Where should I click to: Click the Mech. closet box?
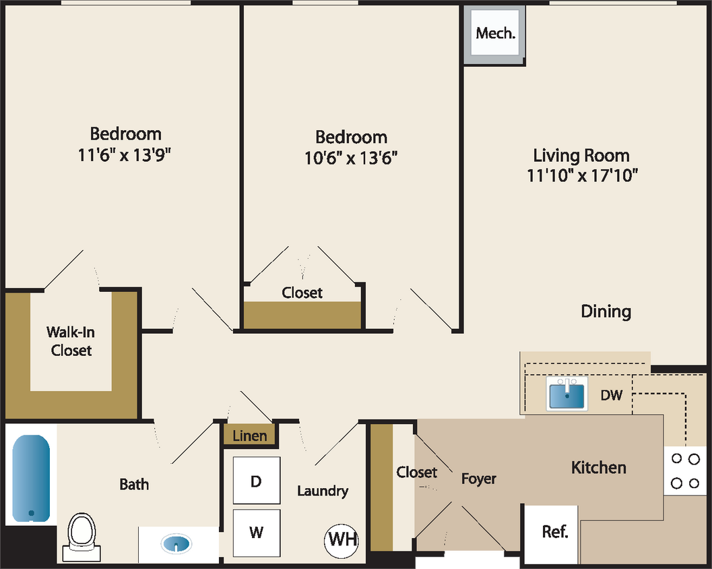point(496,33)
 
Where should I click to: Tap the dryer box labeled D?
point(256,481)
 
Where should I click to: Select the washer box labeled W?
point(256,532)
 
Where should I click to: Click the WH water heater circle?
point(342,539)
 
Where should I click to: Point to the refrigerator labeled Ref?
point(554,532)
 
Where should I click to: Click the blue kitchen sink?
point(566,394)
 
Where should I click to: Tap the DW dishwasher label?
point(611,396)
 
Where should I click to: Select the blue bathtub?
point(31,478)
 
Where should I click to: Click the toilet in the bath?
point(82,536)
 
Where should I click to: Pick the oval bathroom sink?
point(176,543)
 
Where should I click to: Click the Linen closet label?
point(249,436)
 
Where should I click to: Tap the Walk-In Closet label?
point(71,341)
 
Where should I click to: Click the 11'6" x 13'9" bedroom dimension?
point(125,155)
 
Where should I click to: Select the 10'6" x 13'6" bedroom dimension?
point(351,158)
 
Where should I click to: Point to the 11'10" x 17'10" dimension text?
point(582,176)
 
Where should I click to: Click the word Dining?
point(606,311)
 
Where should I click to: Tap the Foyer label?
point(478,479)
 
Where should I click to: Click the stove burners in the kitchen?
point(686,471)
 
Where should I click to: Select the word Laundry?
point(323,491)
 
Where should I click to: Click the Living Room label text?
point(581,156)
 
